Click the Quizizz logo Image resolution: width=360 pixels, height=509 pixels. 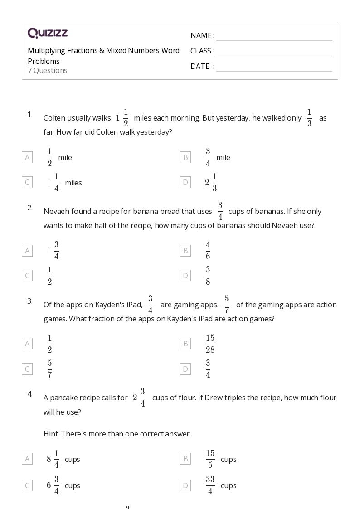(x=48, y=33)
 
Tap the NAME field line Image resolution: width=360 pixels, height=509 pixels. (x=274, y=36)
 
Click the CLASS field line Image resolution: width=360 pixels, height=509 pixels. (x=274, y=52)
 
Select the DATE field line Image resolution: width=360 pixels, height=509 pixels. (x=274, y=67)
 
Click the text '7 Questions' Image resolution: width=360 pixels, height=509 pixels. (x=48, y=71)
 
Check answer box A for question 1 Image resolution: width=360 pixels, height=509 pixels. (x=27, y=157)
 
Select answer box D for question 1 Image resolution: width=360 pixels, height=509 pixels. (x=185, y=183)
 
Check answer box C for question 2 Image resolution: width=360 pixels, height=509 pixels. (x=27, y=276)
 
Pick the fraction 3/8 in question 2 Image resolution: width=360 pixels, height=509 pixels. (x=208, y=276)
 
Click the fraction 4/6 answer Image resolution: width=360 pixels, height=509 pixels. (x=208, y=251)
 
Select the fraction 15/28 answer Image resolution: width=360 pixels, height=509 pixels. (x=210, y=344)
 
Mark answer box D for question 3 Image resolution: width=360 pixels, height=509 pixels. (x=185, y=369)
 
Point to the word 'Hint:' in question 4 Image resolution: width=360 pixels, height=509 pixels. (x=51, y=434)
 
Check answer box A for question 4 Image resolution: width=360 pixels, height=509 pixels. (x=27, y=459)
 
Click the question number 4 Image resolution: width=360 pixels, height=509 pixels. (x=30, y=394)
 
